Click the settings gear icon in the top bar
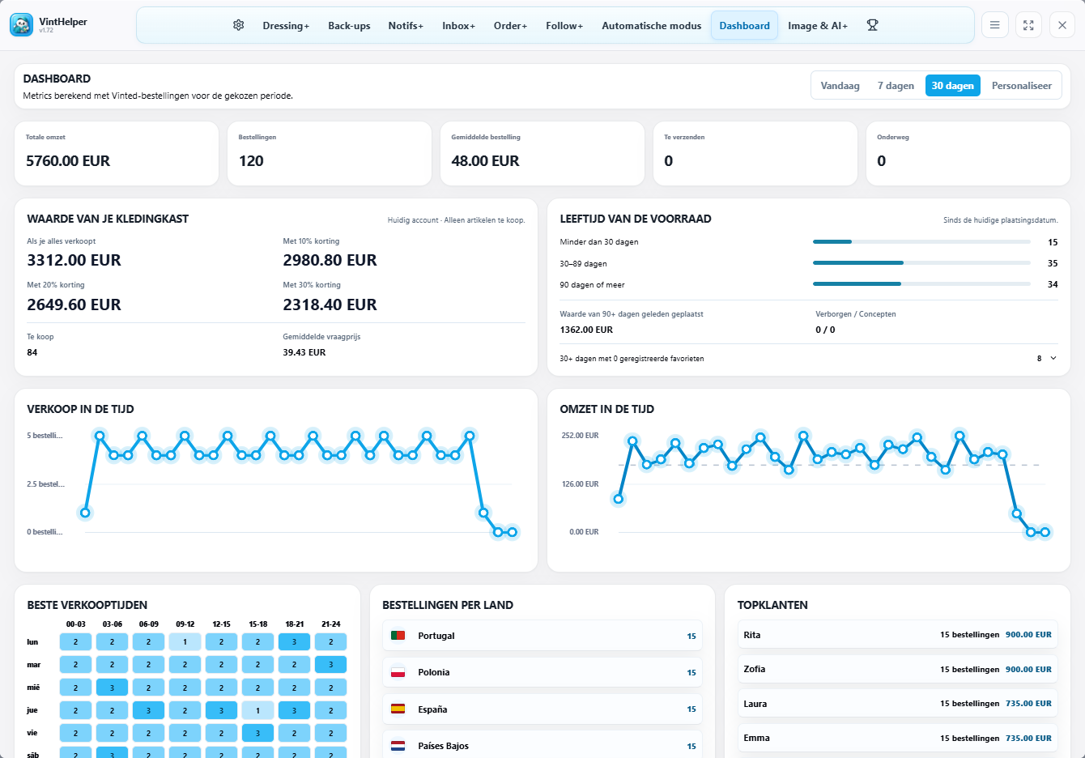(238, 25)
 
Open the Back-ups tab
(349, 26)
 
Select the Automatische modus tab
(651, 26)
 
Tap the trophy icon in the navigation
(872, 25)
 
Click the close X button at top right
(1062, 25)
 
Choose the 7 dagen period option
(896, 86)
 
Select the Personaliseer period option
(1021, 86)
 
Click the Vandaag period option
(840, 86)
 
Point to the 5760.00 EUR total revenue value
(68, 161)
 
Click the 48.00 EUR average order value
(485, 161)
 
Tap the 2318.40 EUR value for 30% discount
(330, 304)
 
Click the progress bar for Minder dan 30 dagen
(921, 241)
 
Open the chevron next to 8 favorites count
(1053, 359)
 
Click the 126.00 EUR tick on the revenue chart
(580, 483)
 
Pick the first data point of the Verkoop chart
(85, 513)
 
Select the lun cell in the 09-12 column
(185, 641)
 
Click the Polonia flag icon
(398, 672)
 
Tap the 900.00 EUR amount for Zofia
(1028, 670)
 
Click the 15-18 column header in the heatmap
(257, 624)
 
